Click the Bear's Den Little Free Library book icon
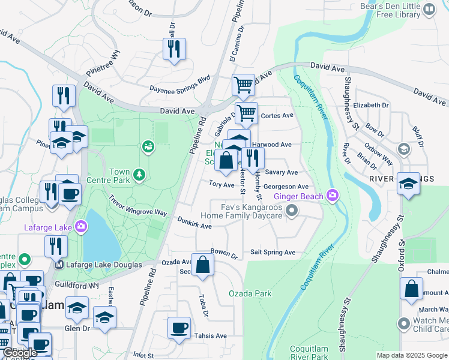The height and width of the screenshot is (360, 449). coord(429,9)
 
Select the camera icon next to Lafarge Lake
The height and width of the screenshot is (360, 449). coord(80,227)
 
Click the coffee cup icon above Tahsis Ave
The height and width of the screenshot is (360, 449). coord(179,328)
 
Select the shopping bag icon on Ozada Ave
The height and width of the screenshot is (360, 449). coord(203,264)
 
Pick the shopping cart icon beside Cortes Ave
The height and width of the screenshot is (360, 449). coord(246,112)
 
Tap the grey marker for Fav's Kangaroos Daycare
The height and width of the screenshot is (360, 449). coord(292,210)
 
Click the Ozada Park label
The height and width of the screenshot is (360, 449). coord(250,293)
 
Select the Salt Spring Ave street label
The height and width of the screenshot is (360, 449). coord(273,253)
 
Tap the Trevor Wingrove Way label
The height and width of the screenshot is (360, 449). coord(137,205)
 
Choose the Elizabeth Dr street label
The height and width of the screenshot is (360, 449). coord(371,105)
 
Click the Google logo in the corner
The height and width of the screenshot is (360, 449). coord(20,353)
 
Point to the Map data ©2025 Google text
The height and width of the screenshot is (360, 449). coord(411,355)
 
